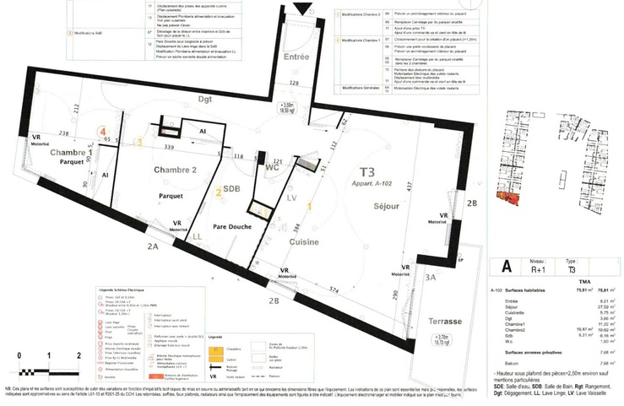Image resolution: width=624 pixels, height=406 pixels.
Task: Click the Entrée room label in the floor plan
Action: tap(296, 57)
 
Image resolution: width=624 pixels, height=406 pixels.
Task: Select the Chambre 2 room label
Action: tap(175, 170)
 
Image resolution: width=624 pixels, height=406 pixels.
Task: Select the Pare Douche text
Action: tap(233, 225)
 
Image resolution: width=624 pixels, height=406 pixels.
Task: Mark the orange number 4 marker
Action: tap(102, 133)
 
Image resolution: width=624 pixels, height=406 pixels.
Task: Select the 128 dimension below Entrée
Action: tap(295, 84)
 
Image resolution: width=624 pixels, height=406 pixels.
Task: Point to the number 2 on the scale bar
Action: tap(78, 355)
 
